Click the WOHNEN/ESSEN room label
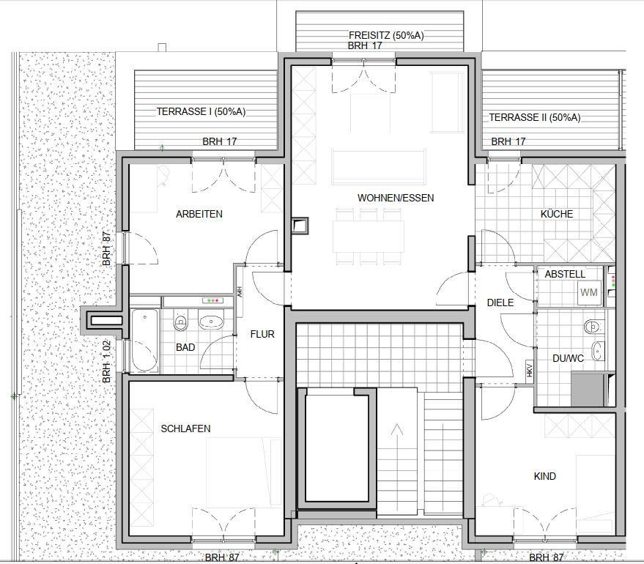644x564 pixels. [x=396, y=198]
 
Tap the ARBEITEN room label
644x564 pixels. [x=199, y=214]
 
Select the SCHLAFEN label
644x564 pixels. [x=185, y=428]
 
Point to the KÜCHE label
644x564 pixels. [x=557, y=213]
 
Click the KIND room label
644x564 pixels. [x=544, y=476]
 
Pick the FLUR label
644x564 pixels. [x=262, y=334]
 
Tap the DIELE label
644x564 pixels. [x=500, y=303]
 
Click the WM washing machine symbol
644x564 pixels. [x=589, y=293]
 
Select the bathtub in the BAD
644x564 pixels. [x=144, y=341]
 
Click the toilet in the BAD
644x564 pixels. [x=180, y=321]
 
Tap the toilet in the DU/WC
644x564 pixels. [x=593, y=327]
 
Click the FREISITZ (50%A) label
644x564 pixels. [x=386, y=35]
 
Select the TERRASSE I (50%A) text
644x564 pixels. [x=201, y=111]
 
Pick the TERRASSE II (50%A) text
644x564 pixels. [x=535, y=117]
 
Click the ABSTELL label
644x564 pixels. [x=565, y=274]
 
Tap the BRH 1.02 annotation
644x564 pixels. [x=107, y=362]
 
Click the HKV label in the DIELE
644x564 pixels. [x=529, y=368]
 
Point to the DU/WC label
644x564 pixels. [x=568, y=358]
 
